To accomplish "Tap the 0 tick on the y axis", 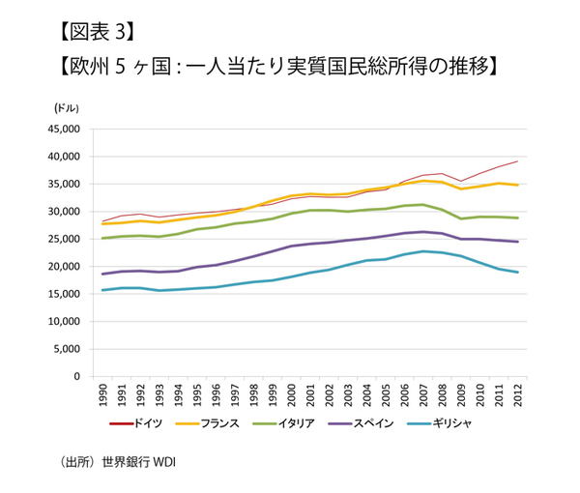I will (83, 377).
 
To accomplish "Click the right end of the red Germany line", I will (519, 161).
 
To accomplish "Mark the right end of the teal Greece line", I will (519, 273).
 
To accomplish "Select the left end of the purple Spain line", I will (103, 275).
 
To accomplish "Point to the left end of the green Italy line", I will (103, 238).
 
